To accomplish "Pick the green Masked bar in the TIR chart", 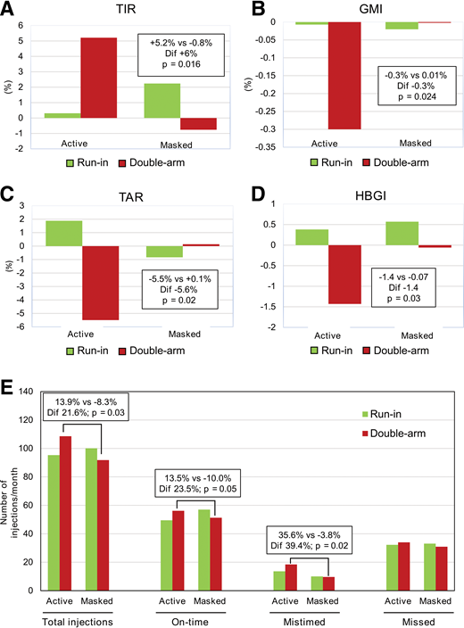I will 161,101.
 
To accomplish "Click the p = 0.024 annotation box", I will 410,88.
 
